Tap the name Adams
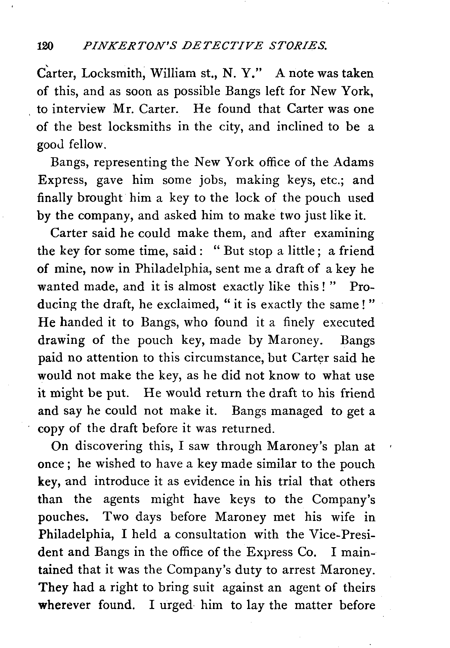354,162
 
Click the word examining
343,234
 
